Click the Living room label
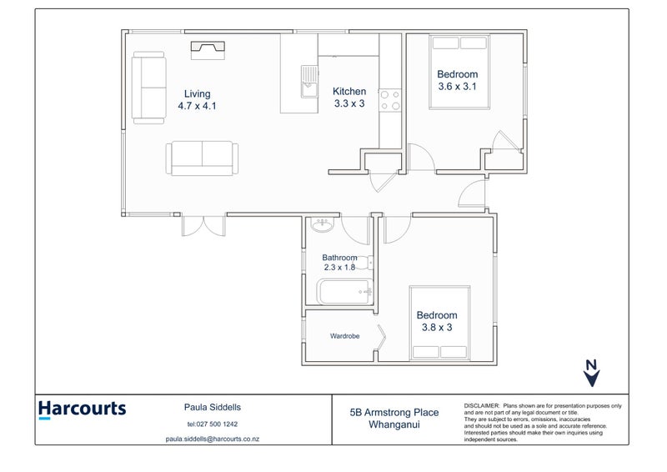tap(197, 99)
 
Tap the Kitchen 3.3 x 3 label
tap(349, 97)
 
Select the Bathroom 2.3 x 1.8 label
tap(339, 262)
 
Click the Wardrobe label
tap(344, 336)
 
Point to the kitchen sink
tap(309, 82)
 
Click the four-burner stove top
tap(390, 100)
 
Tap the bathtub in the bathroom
tap(346, 292)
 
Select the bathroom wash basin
tap(323, 224)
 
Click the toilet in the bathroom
tap(364, 263)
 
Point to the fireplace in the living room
tap(208, 50)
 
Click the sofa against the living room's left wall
tap(149, 88)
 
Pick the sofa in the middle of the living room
tap(202, 158)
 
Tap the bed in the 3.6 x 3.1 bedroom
tap(459, 72)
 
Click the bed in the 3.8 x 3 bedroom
tap(440, 323)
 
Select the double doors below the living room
tap(203, 225)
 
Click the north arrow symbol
tap(591, 374)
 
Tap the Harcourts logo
tap(82, 409)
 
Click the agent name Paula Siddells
tap(213, 407)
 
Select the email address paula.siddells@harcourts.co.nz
tap(213, 439)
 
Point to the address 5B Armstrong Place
tap(394, 413)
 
